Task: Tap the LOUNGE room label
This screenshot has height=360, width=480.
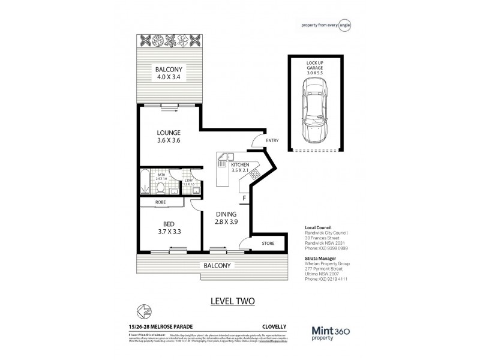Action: pos(168,136)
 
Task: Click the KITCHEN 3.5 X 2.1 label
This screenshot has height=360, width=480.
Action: pos(240,166)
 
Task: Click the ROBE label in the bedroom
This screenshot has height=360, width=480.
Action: pos(161,203)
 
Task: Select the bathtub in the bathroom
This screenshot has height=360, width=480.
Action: pos(146,182)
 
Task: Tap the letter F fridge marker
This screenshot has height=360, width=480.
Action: pos(244,196)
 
